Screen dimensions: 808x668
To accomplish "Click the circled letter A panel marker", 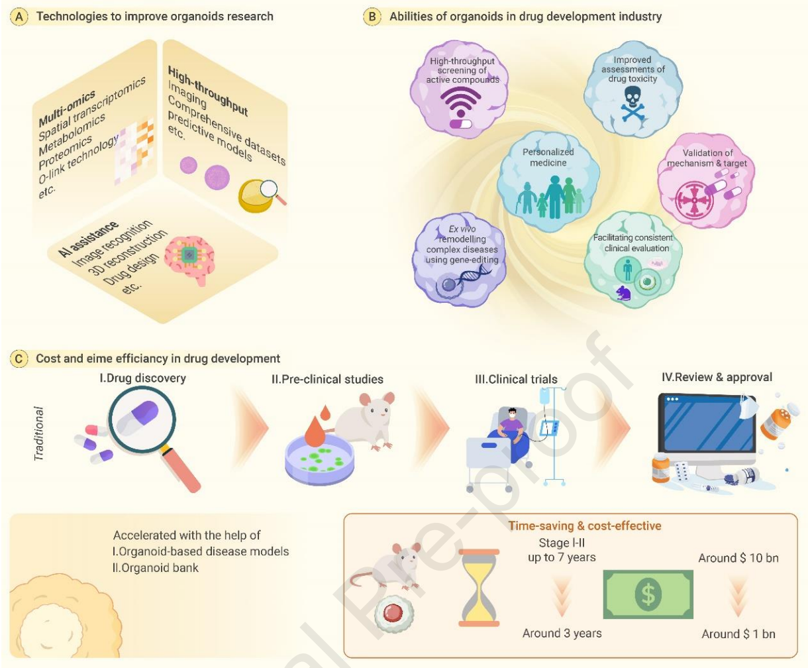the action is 19,17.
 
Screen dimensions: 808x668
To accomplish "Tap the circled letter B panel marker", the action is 372,17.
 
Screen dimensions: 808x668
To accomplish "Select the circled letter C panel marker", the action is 19,359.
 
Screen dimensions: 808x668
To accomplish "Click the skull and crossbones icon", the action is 632,103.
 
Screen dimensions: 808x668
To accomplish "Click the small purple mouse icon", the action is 623,293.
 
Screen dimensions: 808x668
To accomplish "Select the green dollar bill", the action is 648,594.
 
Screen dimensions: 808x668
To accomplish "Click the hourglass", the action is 479,587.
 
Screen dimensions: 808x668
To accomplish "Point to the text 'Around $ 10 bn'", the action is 738,558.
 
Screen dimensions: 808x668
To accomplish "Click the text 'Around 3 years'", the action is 562,633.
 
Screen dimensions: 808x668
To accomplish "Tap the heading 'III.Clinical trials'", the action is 516,379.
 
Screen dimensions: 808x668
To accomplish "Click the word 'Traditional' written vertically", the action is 38,433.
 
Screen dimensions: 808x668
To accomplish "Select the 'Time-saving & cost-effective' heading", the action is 585,526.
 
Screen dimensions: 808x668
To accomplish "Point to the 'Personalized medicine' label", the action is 548,157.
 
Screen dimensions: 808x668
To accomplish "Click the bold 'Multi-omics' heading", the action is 66,109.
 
